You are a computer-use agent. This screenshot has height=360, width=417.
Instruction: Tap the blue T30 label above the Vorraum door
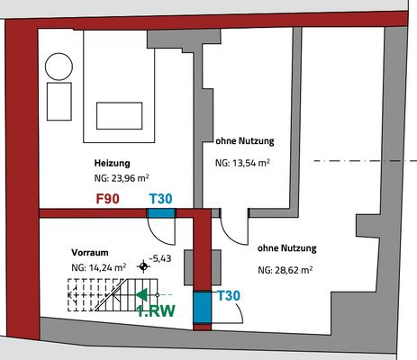point(161,198)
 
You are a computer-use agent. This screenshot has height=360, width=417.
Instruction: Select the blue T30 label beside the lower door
point(228,296)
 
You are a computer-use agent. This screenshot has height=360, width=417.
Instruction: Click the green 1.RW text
point(156,311)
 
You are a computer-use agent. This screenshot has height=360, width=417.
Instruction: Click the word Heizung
point(113,163)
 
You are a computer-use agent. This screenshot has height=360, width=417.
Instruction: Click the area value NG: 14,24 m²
point(98,267)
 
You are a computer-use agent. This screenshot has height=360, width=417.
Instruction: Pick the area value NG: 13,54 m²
point(242,165)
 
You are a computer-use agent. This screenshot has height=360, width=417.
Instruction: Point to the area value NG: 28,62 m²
point(285,269)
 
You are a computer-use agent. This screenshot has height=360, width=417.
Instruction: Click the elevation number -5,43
point(161,259)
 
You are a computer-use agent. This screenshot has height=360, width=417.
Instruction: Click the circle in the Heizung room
point(59,64)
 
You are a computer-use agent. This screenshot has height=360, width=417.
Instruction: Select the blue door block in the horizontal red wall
point(161,213)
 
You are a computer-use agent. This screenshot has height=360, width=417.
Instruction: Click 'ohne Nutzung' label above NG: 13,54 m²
point(244,141)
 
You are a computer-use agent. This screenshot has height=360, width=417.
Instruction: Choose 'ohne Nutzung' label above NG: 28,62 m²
point(286,247)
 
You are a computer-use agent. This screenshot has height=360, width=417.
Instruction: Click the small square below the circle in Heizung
point(59,99)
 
